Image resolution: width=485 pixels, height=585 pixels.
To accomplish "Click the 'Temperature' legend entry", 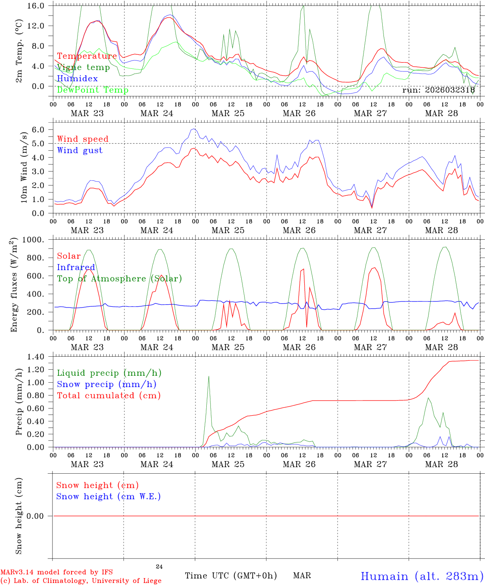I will tap(87, 56).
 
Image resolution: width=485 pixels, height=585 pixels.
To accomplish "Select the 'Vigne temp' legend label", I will tap(83, 67).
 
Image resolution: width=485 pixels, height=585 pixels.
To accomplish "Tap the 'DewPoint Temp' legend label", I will tap(93, 90).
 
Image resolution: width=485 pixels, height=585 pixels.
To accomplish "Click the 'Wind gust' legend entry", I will tap(80, 150).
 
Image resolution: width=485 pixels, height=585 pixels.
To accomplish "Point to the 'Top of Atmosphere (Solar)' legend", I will tap(119, 279).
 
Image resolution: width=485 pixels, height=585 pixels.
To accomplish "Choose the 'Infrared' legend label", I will tap(76, 267).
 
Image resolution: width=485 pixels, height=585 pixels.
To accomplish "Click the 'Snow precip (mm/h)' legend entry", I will tap(106, 384).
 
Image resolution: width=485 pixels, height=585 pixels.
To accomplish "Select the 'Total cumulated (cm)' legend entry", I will tap(109, 396).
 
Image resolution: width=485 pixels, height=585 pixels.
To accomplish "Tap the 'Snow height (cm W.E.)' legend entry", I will tap(108, 496).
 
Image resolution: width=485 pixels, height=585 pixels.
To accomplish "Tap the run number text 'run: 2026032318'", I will tap(438, 90).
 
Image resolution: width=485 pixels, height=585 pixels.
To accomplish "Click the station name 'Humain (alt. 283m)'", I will tap(422, 576).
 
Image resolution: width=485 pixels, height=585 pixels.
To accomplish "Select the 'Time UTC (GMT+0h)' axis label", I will tap(231, 576).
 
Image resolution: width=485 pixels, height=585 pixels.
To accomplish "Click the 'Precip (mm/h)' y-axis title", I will tap(19, 402).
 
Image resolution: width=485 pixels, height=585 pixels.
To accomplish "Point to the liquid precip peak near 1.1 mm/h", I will tap(208, 376).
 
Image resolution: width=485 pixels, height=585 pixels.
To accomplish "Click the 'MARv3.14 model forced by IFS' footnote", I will tap(56, 572).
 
